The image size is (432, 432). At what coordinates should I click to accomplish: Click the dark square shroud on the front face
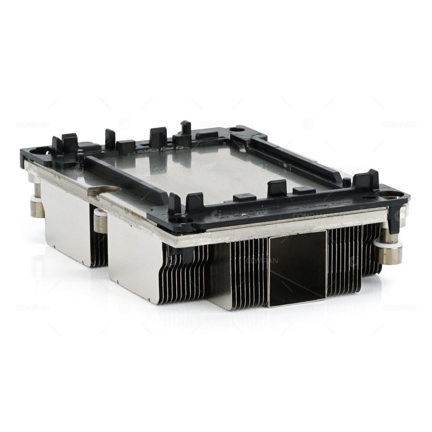coord(297,268)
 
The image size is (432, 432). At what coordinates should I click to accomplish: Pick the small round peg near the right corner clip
coord(346,183)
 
